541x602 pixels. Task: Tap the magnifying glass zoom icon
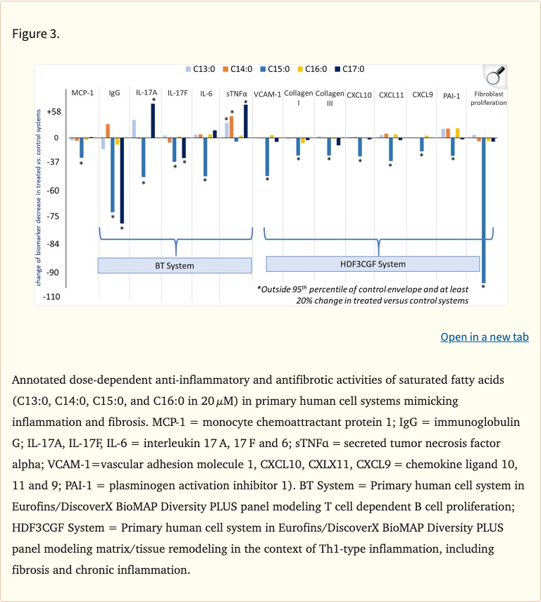[x=495, y=75]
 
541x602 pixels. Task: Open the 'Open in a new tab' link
[x=485, y=337]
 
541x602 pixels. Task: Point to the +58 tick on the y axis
[x=53, y=112]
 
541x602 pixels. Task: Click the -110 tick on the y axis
[x=52, y=297]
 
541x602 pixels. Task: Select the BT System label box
[x=174, y=265]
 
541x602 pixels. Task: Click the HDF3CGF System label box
[x=373, y=264]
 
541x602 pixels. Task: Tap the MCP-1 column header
[x=82, y=93]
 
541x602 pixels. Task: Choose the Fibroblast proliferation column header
[x=490, y=98]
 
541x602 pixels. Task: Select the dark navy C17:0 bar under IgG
[x=122, y=180]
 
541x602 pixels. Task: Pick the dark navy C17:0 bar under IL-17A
[x=153, y=120]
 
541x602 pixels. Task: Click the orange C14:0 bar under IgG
[x=108, y=131]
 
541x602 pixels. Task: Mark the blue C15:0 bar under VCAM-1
[x=267, y=156]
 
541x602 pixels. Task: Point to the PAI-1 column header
[x=452, y=95]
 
